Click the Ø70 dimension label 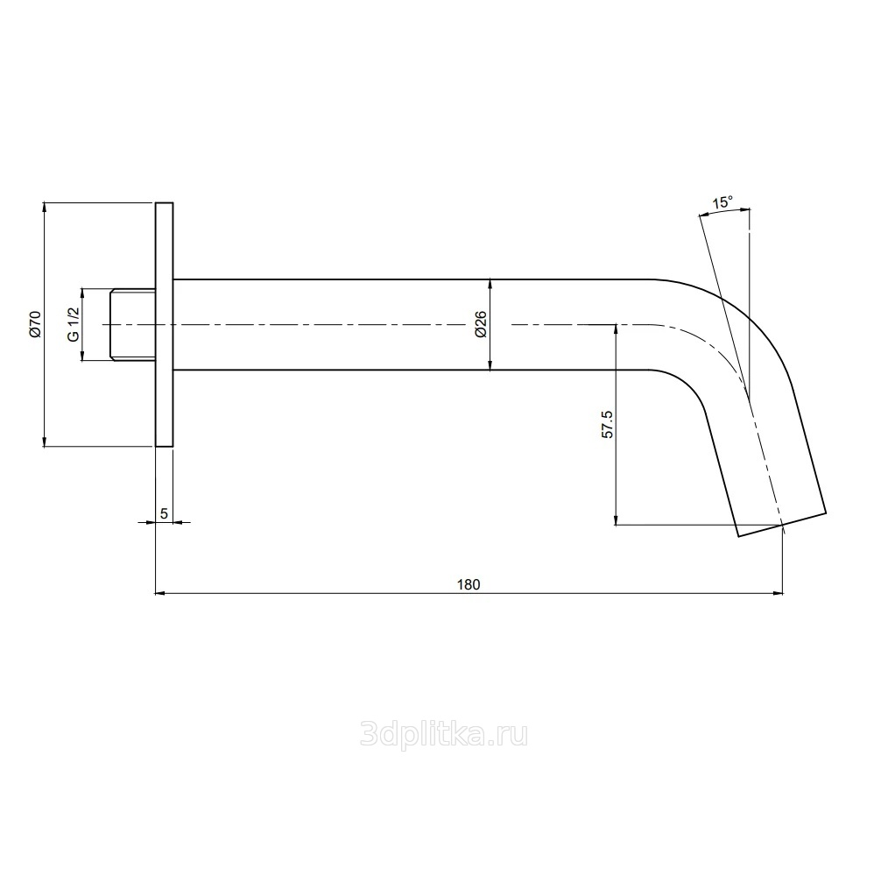point(35,324)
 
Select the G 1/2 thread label point(73,324)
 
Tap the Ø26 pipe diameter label point(481,325)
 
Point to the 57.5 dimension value point(607,424)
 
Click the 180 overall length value point(469,584)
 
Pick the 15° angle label point(722,202)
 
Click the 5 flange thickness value point(165,513)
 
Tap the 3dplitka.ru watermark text point(444,735)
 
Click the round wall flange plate point(165,325)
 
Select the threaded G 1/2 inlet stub point(132,325)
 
